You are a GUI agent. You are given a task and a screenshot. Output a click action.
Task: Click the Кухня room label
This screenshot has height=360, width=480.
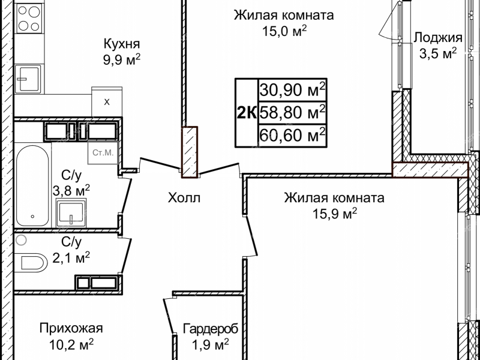point(122,44)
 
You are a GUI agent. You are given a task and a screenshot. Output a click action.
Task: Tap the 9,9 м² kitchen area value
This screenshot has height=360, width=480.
point(122,59)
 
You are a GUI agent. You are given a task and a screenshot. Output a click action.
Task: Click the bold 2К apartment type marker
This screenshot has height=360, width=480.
point(247,112)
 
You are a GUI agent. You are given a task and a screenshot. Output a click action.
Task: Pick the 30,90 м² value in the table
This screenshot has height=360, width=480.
point(293,90)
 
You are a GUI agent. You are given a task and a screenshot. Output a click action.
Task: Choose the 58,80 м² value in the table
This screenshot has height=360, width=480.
point(293,112)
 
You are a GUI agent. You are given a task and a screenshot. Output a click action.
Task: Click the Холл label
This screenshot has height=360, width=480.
point(184,197)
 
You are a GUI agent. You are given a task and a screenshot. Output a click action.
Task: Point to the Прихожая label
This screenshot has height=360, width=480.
point(71,328)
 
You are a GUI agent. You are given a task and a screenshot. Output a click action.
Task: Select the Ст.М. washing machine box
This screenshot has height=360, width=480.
point(103,152)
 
